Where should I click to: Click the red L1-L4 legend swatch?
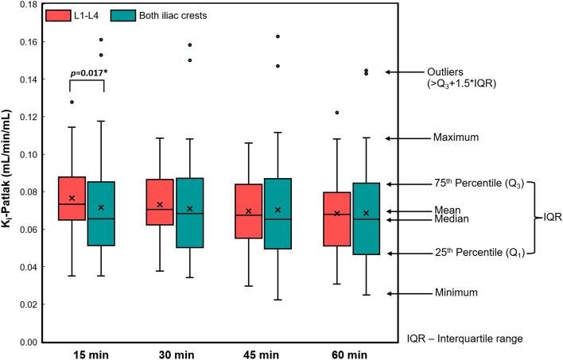pyautogui.click(x=56, y=16)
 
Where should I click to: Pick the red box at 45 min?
pyautogui.click(x=249, y=211)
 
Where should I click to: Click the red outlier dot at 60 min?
pyautogui.click(x=336, y=113)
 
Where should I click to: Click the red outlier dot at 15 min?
pyautogui.click(x=72, y=102)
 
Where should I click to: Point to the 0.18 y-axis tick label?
pyautogui.click(x=29, y=5)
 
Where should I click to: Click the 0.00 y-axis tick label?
pyautogui.click(x=29, y=343)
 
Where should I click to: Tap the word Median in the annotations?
pyautogui.click(x=454, y=219)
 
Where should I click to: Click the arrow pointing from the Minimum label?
pyautogui.click(x=409, y=293)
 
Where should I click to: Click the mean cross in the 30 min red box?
pyautogui.click(x=160, y=204)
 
